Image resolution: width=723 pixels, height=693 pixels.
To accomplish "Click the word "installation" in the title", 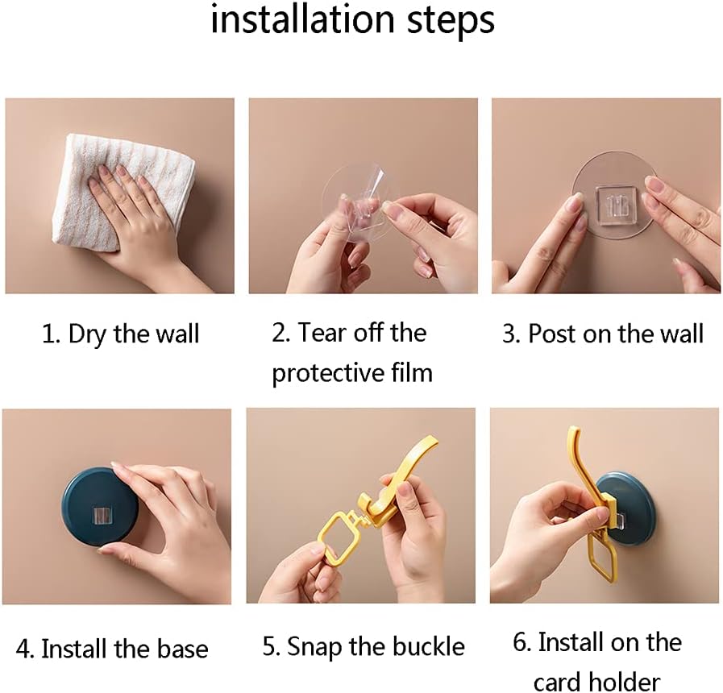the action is coord(301,19).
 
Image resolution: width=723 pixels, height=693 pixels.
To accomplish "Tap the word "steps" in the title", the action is coord(451,22).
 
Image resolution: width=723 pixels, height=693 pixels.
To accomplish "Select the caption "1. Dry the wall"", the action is coord(120,334).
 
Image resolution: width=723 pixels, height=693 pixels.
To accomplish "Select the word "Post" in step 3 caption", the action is coord(551,334).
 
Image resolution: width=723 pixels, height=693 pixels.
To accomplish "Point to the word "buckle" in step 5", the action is coord(429,646).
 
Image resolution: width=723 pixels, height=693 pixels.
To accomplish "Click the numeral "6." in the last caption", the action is coord(522,642).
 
